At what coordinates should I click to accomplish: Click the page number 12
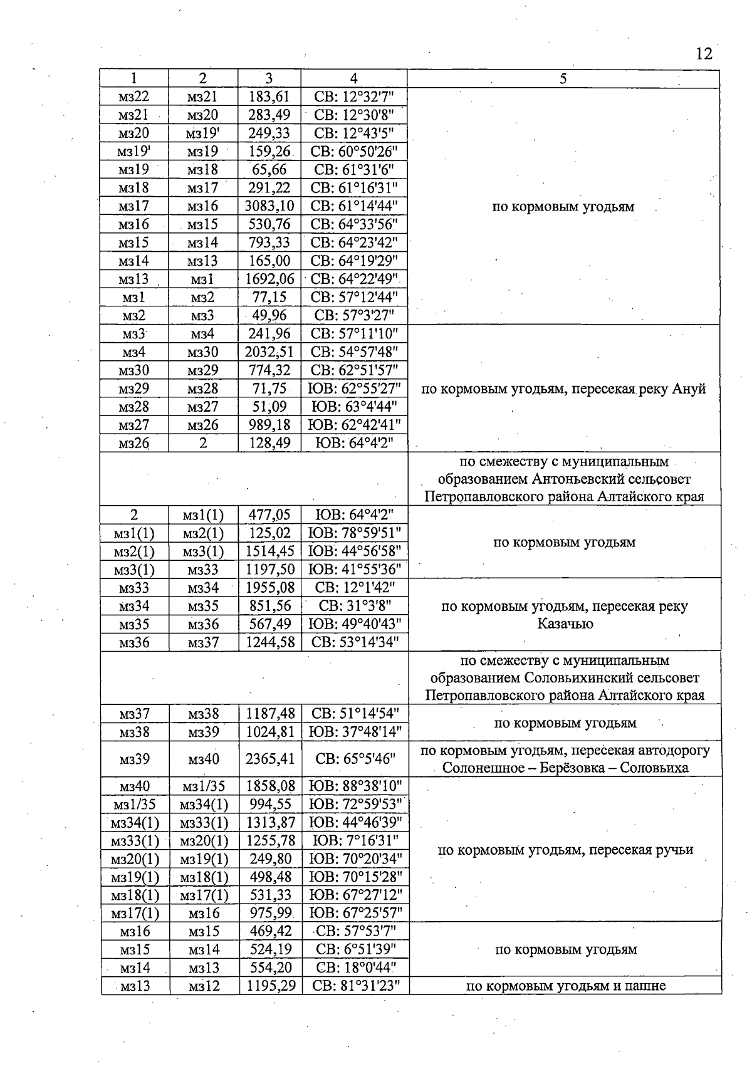704,53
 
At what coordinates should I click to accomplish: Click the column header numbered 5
563,78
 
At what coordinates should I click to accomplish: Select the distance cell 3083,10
269,206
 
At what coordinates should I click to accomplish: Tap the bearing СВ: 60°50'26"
355,151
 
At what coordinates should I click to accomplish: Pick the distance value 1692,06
269,279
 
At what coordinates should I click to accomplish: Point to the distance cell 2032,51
269,352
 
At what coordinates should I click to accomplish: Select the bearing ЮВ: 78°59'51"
355,533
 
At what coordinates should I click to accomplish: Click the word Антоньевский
576,479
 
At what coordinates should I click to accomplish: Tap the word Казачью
565,624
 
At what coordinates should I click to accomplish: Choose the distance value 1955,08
270,588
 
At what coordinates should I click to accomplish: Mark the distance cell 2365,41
270,759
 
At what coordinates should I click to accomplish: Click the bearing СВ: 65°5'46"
355,759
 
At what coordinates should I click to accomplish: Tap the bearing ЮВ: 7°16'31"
355,841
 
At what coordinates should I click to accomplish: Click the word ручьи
674,850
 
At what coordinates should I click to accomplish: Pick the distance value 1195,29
271,986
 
